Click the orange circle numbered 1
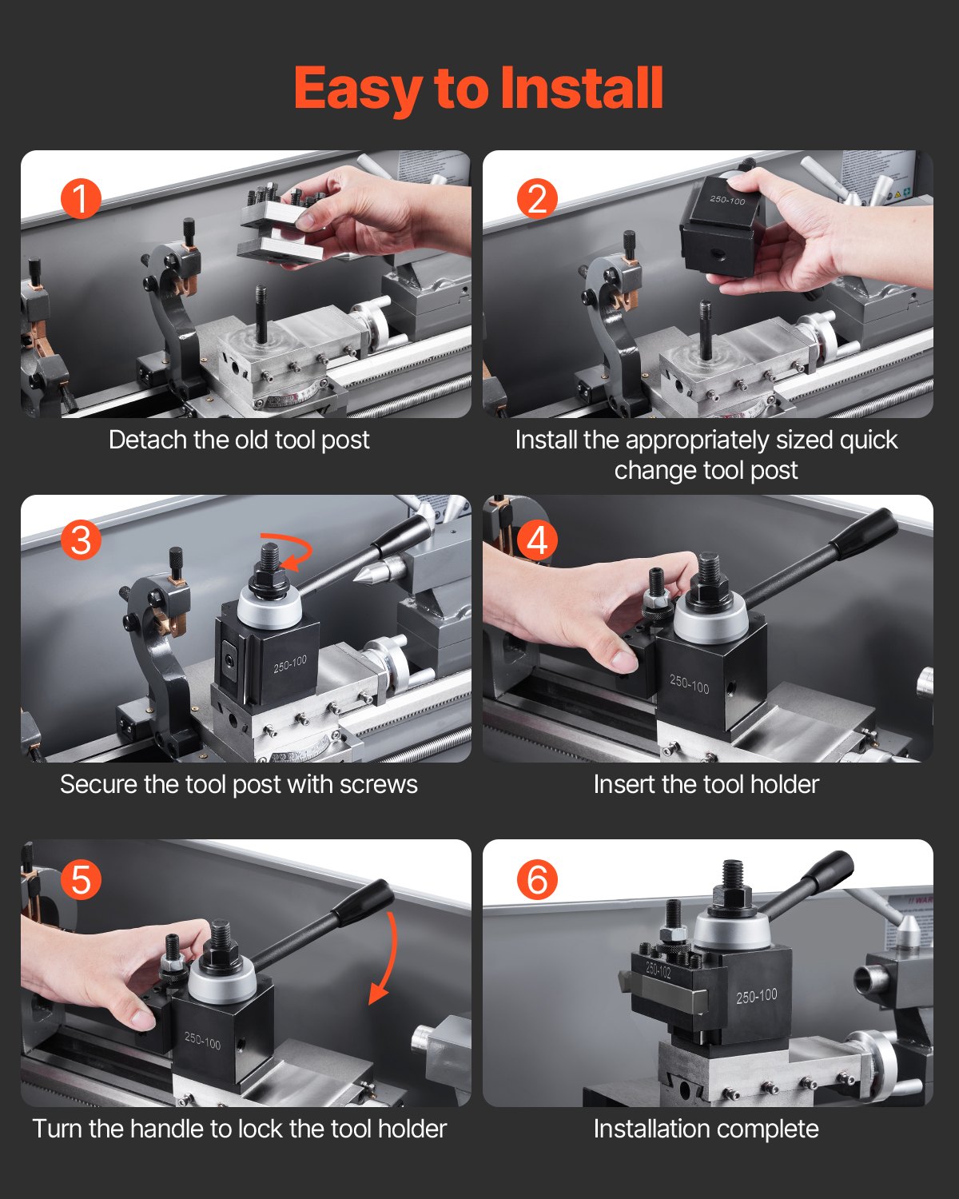pyautogui.click(x=81, y=198)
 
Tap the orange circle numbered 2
pyautogui.click(x=537, y=198)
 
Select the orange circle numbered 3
pyautogui.click(x=81, y=540)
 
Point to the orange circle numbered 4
pyautogui.click(x=537, y=540)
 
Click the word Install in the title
pyautogui.click(x=582, y=88)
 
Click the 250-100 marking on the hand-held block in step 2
pyautogui.click(x=727, y=200)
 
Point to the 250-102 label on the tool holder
pyautogui.click(x=659, y=970)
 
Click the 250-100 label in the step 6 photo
pyautogui.click(x=756, y=996)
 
